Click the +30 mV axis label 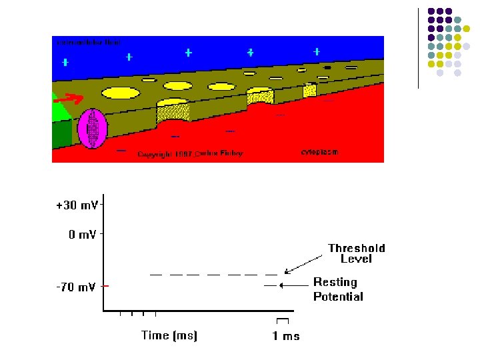click(x=77, y=205)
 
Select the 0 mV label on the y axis click(x=83, y=235)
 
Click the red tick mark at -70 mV click(x=106, y=286)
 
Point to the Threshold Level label click(x=356, y=253)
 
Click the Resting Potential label click(x=338, y=289)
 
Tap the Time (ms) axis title click(x=169, y=335)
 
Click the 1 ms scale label click(x=286, y=336)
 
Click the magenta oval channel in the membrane click(x=92, y=128)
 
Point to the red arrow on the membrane click(x=68, y=100)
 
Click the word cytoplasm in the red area click(x=319, y=152)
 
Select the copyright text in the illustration click(x=190, y=154)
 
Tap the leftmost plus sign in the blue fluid click(x=65, y=63)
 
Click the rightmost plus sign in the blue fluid click(x=317, y=52)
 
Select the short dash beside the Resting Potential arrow click(x=269, y=285)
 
